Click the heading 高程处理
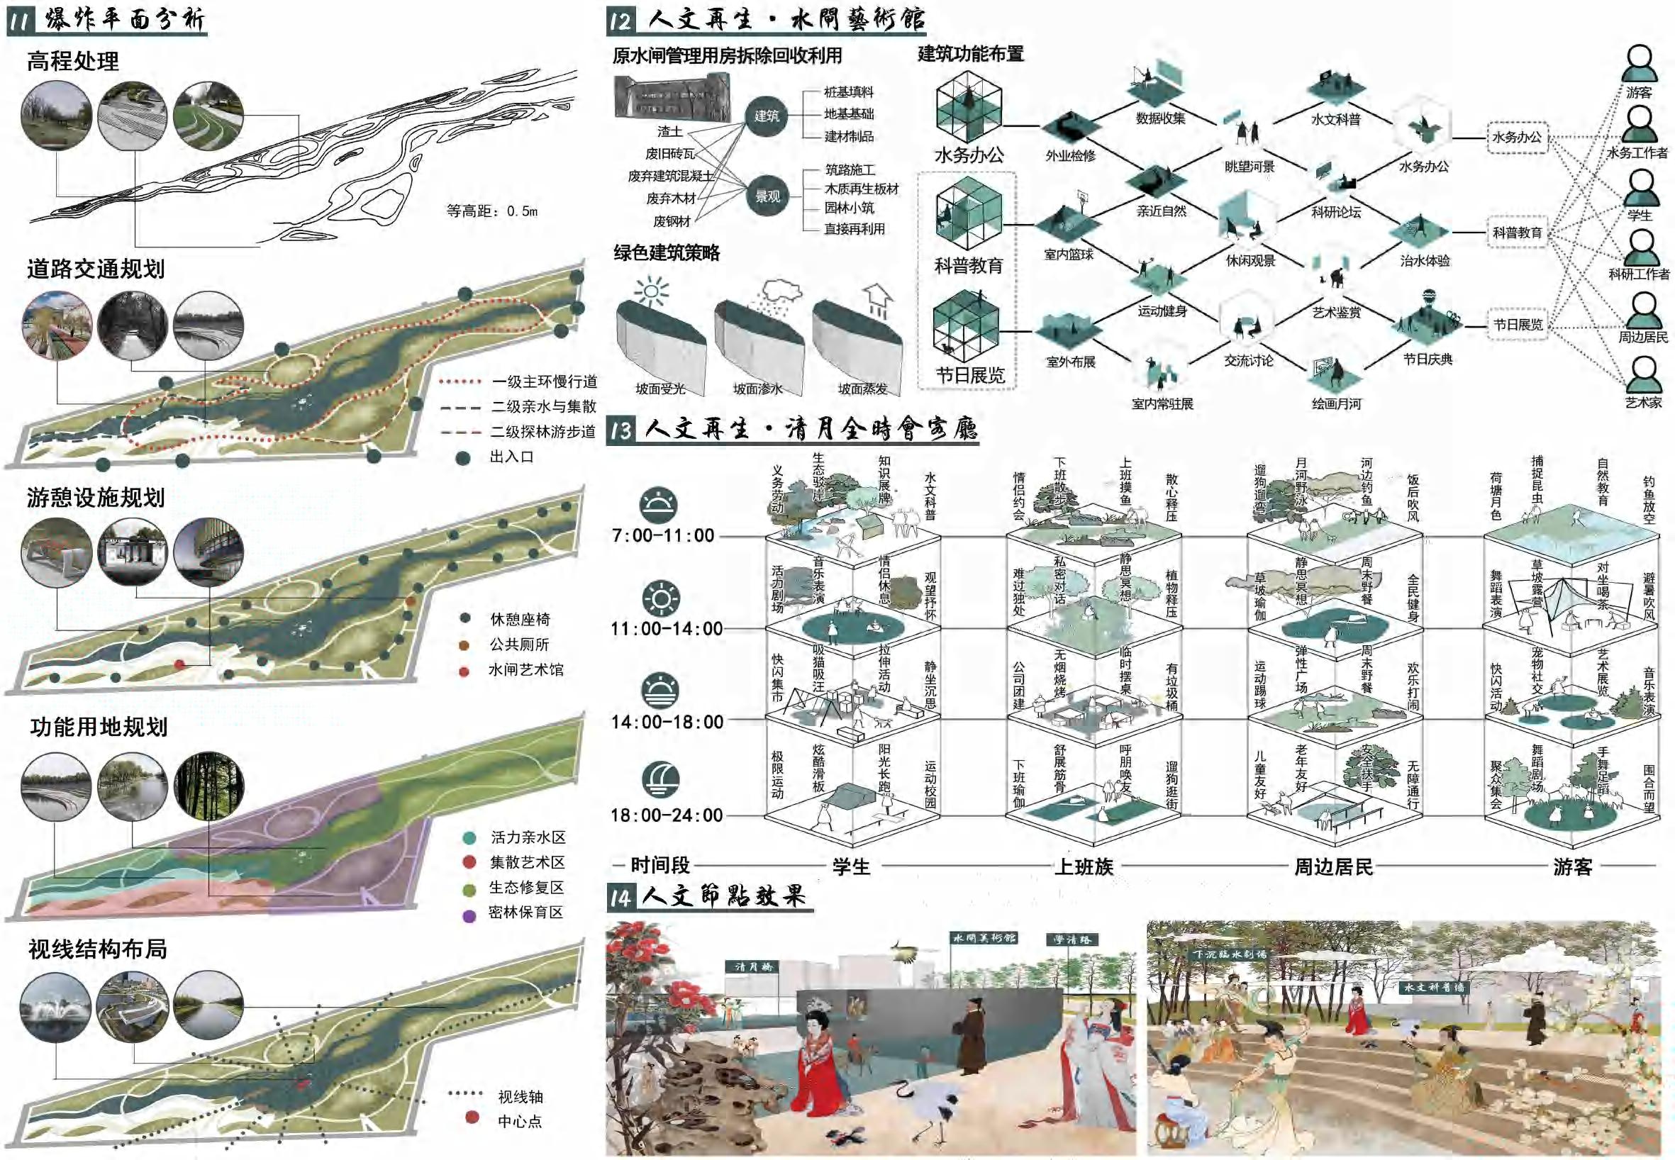point(73,61)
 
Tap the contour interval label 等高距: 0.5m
point(491,211)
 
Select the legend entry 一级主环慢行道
point(544,381)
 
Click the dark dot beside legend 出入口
point(463,458)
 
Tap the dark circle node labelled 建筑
point(767,116)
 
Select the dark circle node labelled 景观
point(767,196)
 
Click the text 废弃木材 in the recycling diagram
point(670,199)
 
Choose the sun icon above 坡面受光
point(651,291)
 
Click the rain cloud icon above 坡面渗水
point(779,292)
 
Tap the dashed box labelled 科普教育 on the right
point(1517,233)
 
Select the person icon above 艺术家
point(1642,374)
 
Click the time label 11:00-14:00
point(667,629)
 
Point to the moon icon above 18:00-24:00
point(660,779)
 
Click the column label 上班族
point(1084,867)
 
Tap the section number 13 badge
point(621,430)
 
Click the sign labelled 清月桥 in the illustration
point(753,966)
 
